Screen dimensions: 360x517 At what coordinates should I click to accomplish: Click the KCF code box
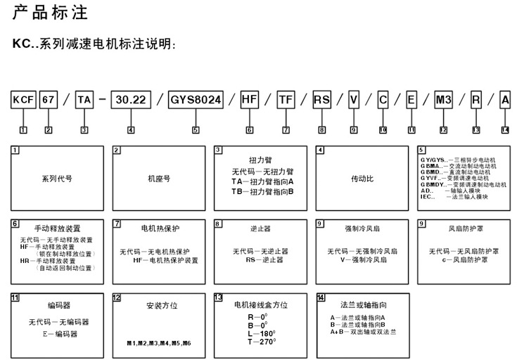coord(23,100)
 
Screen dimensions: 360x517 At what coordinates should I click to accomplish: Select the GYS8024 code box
coord(196,100)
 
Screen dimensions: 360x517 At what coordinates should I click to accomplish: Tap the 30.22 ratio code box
coord(131,100)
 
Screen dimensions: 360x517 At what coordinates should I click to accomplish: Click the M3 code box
coord(443,100)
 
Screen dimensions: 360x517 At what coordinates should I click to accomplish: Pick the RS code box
coord(321,100)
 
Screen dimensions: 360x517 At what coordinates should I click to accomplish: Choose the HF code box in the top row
coord(250,100)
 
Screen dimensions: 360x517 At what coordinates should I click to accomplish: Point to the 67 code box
coord(48,100)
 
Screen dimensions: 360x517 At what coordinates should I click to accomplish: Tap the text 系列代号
coord(57,179)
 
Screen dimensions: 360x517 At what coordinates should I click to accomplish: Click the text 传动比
coord(362,179)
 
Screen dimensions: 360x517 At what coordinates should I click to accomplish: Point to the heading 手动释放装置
coord(57,229)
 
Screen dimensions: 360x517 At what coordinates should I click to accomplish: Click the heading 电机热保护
coord(160,228)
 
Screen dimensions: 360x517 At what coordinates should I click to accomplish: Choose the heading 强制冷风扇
coord(362,229)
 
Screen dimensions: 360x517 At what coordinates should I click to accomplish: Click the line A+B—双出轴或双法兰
coord(360,330)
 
